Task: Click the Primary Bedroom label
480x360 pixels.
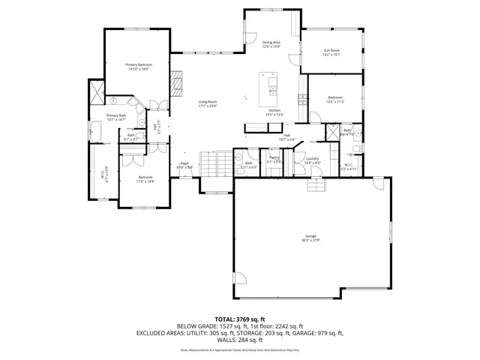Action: pos(137,65)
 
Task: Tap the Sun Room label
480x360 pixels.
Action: pos(331,51)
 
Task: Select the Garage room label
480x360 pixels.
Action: pos(310,235)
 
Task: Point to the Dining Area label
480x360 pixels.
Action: pos(271,43)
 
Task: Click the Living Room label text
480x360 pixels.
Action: pos(208,101)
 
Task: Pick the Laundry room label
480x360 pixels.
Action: pos(313,158)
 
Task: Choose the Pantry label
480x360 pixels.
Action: pos(274,158)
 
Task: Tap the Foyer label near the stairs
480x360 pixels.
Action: pos(184,163)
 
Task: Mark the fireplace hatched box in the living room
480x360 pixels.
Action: pos(176,84)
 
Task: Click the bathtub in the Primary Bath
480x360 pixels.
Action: pos(95,133)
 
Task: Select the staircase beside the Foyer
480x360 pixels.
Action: pos(214,160)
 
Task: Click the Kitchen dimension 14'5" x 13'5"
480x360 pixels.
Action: pos(275,115)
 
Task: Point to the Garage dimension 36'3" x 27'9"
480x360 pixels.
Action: pos(310,240)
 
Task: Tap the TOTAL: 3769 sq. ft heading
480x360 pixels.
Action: pos(240,319)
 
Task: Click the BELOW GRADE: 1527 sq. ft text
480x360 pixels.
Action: pos(208,326)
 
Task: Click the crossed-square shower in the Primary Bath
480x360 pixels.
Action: pos(95,93)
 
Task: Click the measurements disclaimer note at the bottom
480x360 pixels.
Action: pos(240,349)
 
